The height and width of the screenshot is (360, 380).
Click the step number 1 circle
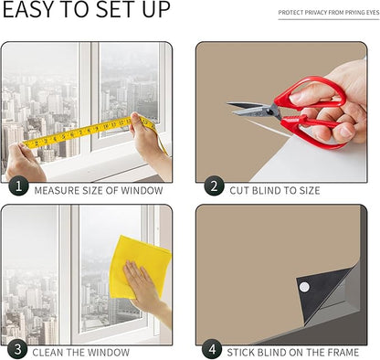click(x=18, y=185)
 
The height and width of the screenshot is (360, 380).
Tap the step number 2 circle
click(x=214, y=185)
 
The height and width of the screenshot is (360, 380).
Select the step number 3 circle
click(x=17, y=349)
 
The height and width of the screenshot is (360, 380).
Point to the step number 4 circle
click(x=212, y=349)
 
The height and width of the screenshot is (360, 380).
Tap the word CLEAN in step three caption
click(x=48, y=353)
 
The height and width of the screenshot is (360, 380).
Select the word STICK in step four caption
click(x=240, y=353)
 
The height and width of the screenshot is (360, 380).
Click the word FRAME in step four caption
click(x=343, y=353)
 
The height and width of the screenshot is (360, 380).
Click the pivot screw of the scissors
click(x=269, y=112)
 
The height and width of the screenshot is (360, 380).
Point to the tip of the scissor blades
click(x=227, y=104)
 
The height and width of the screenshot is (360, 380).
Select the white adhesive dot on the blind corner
click(x=304, y=287)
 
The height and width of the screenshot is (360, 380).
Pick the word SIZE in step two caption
click(x=308, y=191)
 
